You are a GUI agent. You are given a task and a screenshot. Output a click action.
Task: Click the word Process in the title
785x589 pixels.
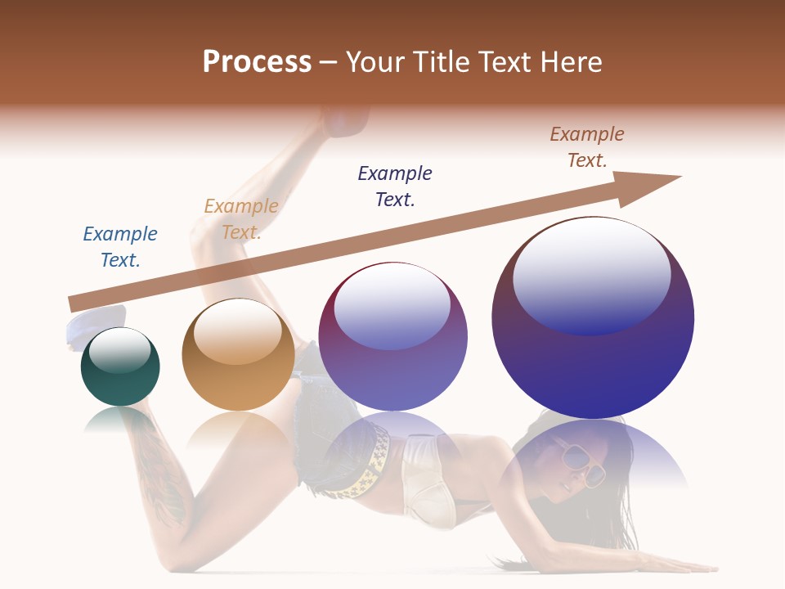tap(257, 61)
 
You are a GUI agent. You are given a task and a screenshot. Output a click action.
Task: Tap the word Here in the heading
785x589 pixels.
tap(568, 61)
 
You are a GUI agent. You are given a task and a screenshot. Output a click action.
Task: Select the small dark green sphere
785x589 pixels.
tap(120, 367)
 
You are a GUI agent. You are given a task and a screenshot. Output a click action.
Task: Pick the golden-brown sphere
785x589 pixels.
tap(238, 354)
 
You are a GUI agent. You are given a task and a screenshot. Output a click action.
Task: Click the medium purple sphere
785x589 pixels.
tap(392, 336)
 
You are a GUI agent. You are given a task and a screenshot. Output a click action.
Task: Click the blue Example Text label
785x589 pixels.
tap(120, 247)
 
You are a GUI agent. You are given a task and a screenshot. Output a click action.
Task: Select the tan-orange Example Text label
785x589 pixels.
tap(240, 219)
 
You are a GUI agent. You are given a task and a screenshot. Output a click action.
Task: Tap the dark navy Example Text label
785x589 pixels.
tap(395, 186)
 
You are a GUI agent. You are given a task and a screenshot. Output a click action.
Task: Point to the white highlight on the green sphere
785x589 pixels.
tap(119, 349)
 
